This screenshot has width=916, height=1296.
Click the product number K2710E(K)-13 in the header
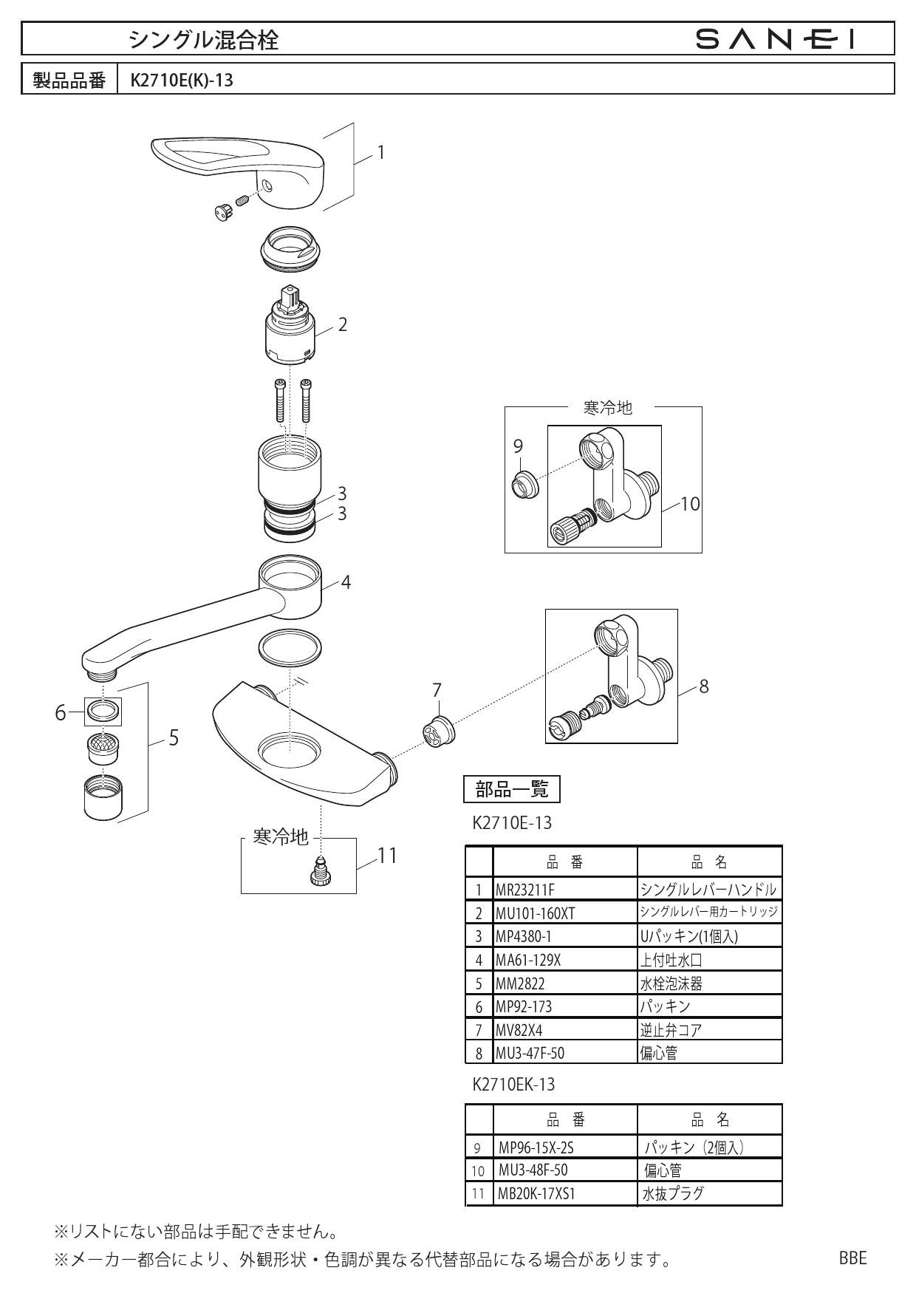point(182,80)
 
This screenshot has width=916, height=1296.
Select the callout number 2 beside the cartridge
point(342,324)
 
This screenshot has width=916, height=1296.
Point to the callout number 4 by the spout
point(346,582)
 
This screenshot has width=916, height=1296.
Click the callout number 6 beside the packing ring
point(61,713)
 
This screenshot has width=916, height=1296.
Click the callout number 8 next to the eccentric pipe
point(703,686)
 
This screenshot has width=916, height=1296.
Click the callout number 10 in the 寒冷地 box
point(690,504)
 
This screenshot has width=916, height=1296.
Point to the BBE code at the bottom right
point(852,1258)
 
